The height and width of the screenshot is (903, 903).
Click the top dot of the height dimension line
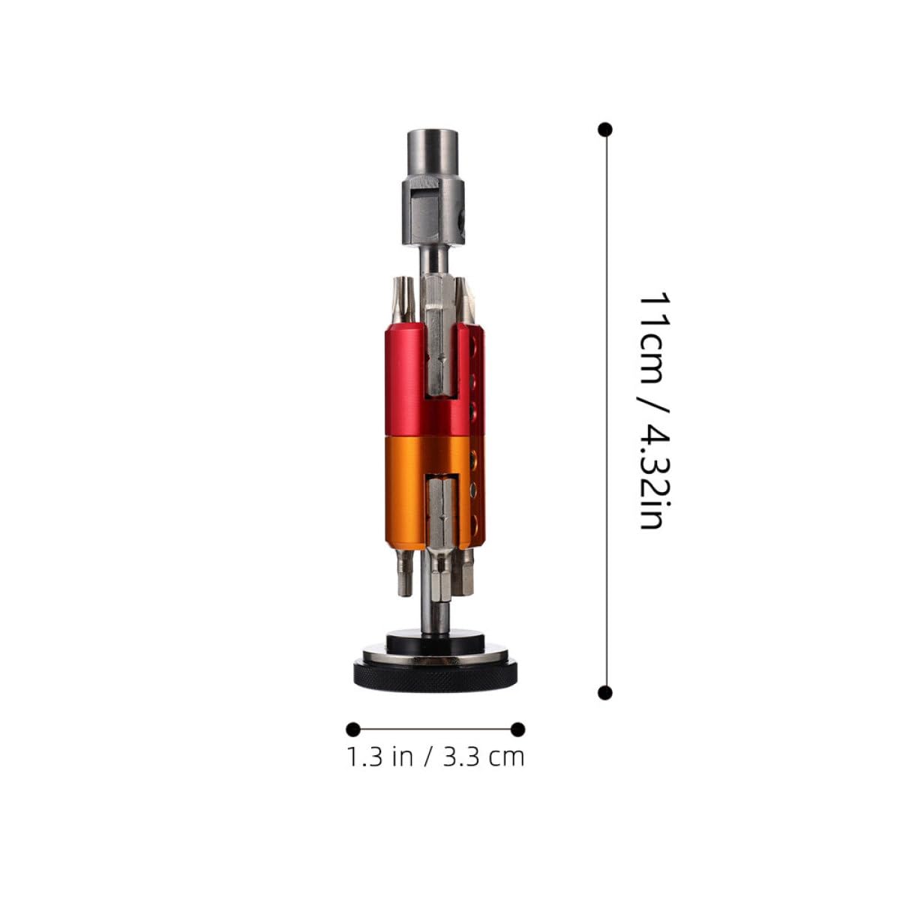[x=605, y=130]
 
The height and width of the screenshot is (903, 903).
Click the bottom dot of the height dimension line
[x=605, y=692]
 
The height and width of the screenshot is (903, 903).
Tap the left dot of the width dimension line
[x=352, y=729]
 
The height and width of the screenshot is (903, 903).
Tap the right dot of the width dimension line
[x=517, y=729]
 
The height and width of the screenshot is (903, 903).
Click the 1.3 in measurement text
[x=379, y=757]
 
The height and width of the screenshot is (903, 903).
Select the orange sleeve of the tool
[x=405, y=491]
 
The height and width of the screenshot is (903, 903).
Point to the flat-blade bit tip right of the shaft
[x=466, y=300]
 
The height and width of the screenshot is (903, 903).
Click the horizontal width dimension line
[x=435, y=729]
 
